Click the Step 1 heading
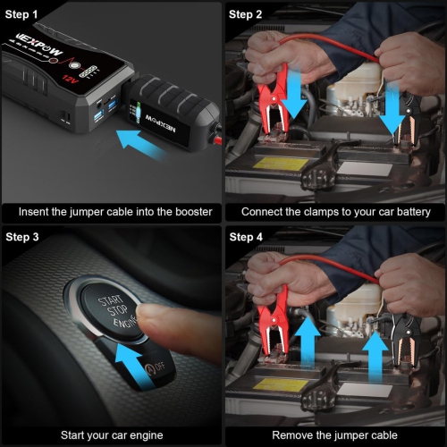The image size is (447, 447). pyautogui.click(x=24, y=14)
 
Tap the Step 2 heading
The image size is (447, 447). pyautogui.click(x=247, y=14)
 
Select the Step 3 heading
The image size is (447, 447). pyautogui.click(x=24, y=237)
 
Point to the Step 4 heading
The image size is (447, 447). pyautogui.click(x=247, y=237)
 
